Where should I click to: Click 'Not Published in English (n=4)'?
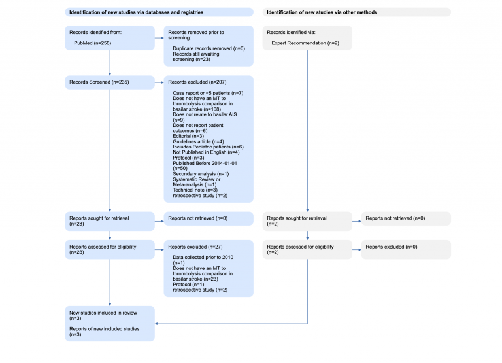click(205, 153)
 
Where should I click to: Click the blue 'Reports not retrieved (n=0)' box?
click(208, 218)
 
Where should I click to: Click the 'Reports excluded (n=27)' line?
click(195, 247)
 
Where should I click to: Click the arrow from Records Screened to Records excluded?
click(159, 82)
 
